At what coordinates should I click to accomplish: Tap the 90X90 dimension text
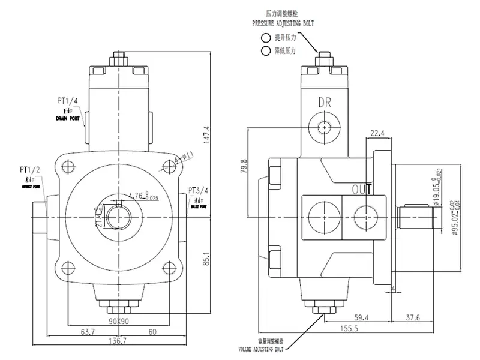(120, 320)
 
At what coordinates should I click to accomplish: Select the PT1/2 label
(29, 170)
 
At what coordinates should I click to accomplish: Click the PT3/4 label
(197, 192)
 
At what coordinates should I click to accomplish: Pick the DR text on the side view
(325, 102)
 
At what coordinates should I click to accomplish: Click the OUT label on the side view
(362, 190)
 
